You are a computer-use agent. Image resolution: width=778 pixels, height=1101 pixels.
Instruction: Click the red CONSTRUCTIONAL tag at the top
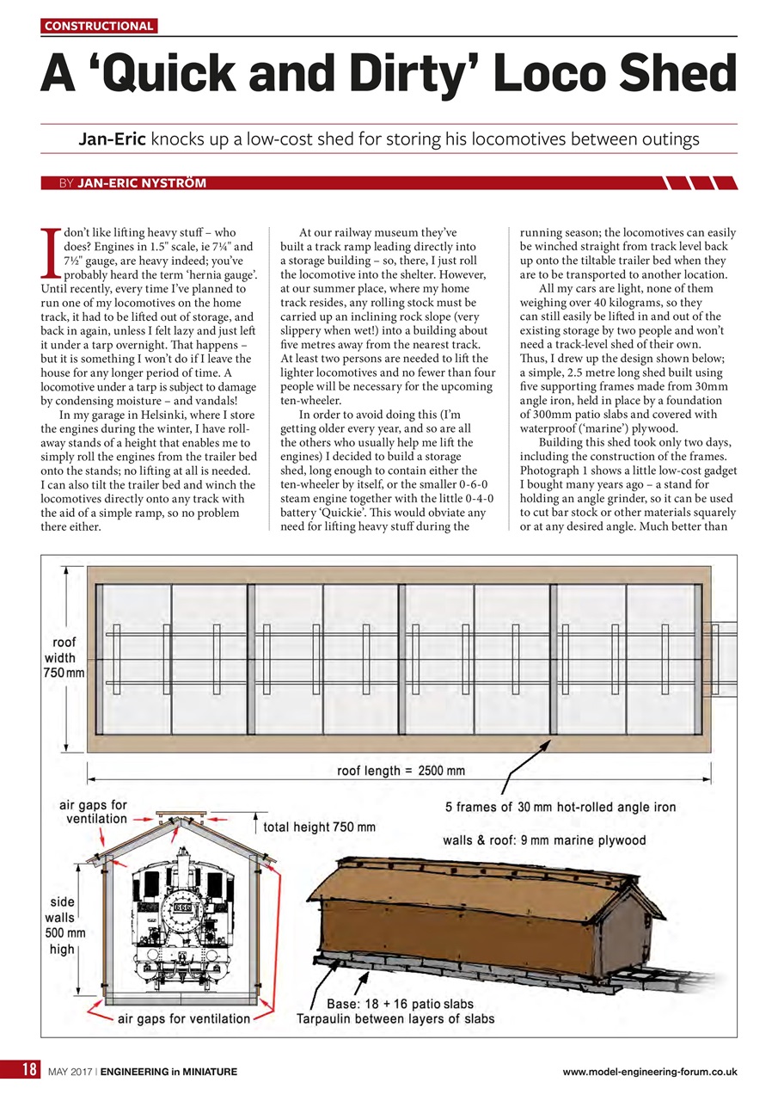click(x=100, y=26)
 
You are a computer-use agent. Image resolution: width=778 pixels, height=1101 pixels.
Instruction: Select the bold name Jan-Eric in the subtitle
click(x=112, y=138)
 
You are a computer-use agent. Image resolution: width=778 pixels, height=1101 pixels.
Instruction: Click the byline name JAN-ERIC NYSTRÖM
click(x=141, y=183)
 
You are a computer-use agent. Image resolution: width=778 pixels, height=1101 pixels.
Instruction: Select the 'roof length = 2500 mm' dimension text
click(x=400, y=771)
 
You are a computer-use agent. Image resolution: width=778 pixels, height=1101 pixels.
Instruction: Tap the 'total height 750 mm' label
click(x=320, y=827)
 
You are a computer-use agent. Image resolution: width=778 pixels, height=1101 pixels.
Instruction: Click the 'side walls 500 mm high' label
click(x=64, y=926)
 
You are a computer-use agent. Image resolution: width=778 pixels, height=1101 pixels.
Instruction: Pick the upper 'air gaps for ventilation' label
click(x=93, y=812)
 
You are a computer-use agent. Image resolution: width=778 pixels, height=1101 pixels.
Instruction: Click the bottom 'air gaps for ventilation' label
click(x=184, y=1019)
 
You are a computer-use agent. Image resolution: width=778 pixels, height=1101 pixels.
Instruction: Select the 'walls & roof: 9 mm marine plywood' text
click(x=543, y=840)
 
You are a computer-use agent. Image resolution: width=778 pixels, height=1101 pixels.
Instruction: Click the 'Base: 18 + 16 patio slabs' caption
click(x=400, y=1004)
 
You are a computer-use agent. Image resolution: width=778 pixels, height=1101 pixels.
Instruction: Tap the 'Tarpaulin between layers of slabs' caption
click(x=395, y=1020)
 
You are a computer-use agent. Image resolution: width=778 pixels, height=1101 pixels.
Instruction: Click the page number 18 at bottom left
click(x=28, y=1071)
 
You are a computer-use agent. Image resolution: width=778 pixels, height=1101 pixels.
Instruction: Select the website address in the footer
click(x=649, y=1072)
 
